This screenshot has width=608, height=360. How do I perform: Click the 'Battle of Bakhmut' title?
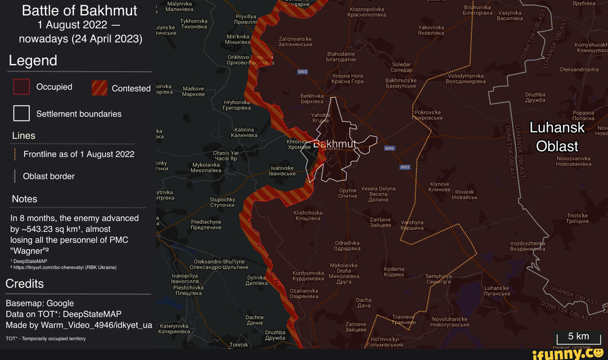(x=79, y=11)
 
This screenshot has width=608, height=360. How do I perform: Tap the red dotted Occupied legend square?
(x=21, y=87)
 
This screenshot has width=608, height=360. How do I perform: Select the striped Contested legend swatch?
(x=99, y=88)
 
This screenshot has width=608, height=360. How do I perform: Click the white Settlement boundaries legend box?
(x=21, y=114)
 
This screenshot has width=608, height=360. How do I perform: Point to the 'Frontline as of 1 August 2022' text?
(x=79, y=154)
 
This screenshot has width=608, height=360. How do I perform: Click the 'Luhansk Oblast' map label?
(x=557, y=137)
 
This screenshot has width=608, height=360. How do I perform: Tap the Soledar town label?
(x=401, y=67)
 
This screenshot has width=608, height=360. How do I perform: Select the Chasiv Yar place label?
(x=226, y=155)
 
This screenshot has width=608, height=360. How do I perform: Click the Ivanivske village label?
(x=283, y=170)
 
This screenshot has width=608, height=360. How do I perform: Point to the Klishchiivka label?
(x=308, y=215)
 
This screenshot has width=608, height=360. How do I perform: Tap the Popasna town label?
(x=583, y=115)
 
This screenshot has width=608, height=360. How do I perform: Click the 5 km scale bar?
(x=578, y=338)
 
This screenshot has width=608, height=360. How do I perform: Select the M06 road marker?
(x=390, y=148)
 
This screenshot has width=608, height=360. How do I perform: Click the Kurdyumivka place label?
(x=307, y=276)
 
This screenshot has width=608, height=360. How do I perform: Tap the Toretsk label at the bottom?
(x=239, y=344)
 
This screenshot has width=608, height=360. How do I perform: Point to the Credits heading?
(x=25, y=283)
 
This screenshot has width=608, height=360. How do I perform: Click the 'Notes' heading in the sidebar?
(x=25, y=199)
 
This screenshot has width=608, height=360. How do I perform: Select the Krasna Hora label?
(x=347, y=79)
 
